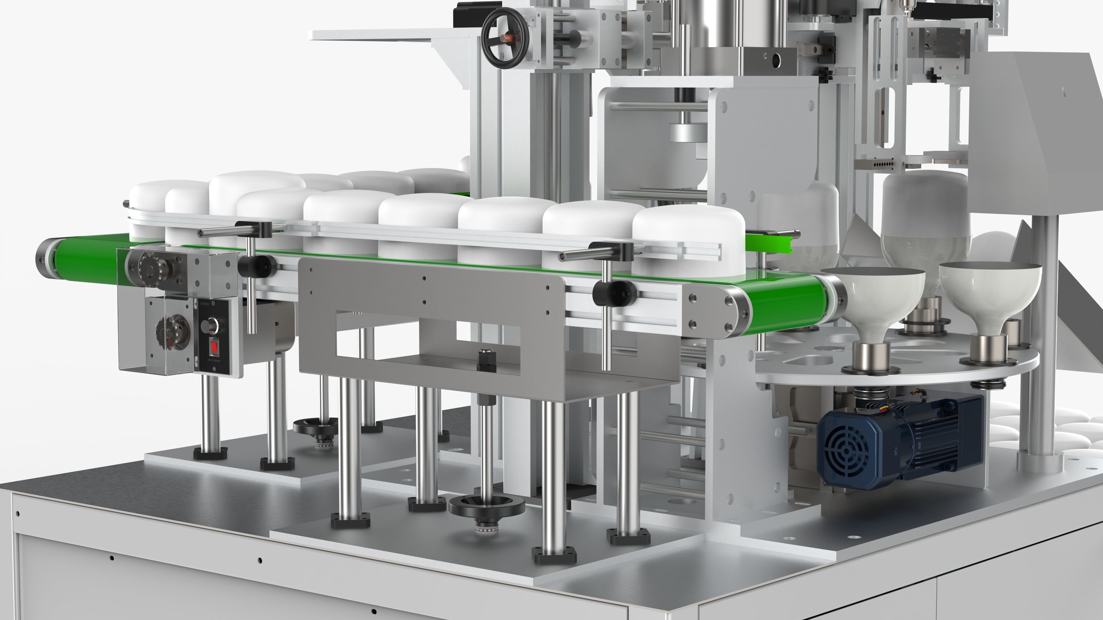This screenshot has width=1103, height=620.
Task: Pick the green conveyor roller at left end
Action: [64, 258]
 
